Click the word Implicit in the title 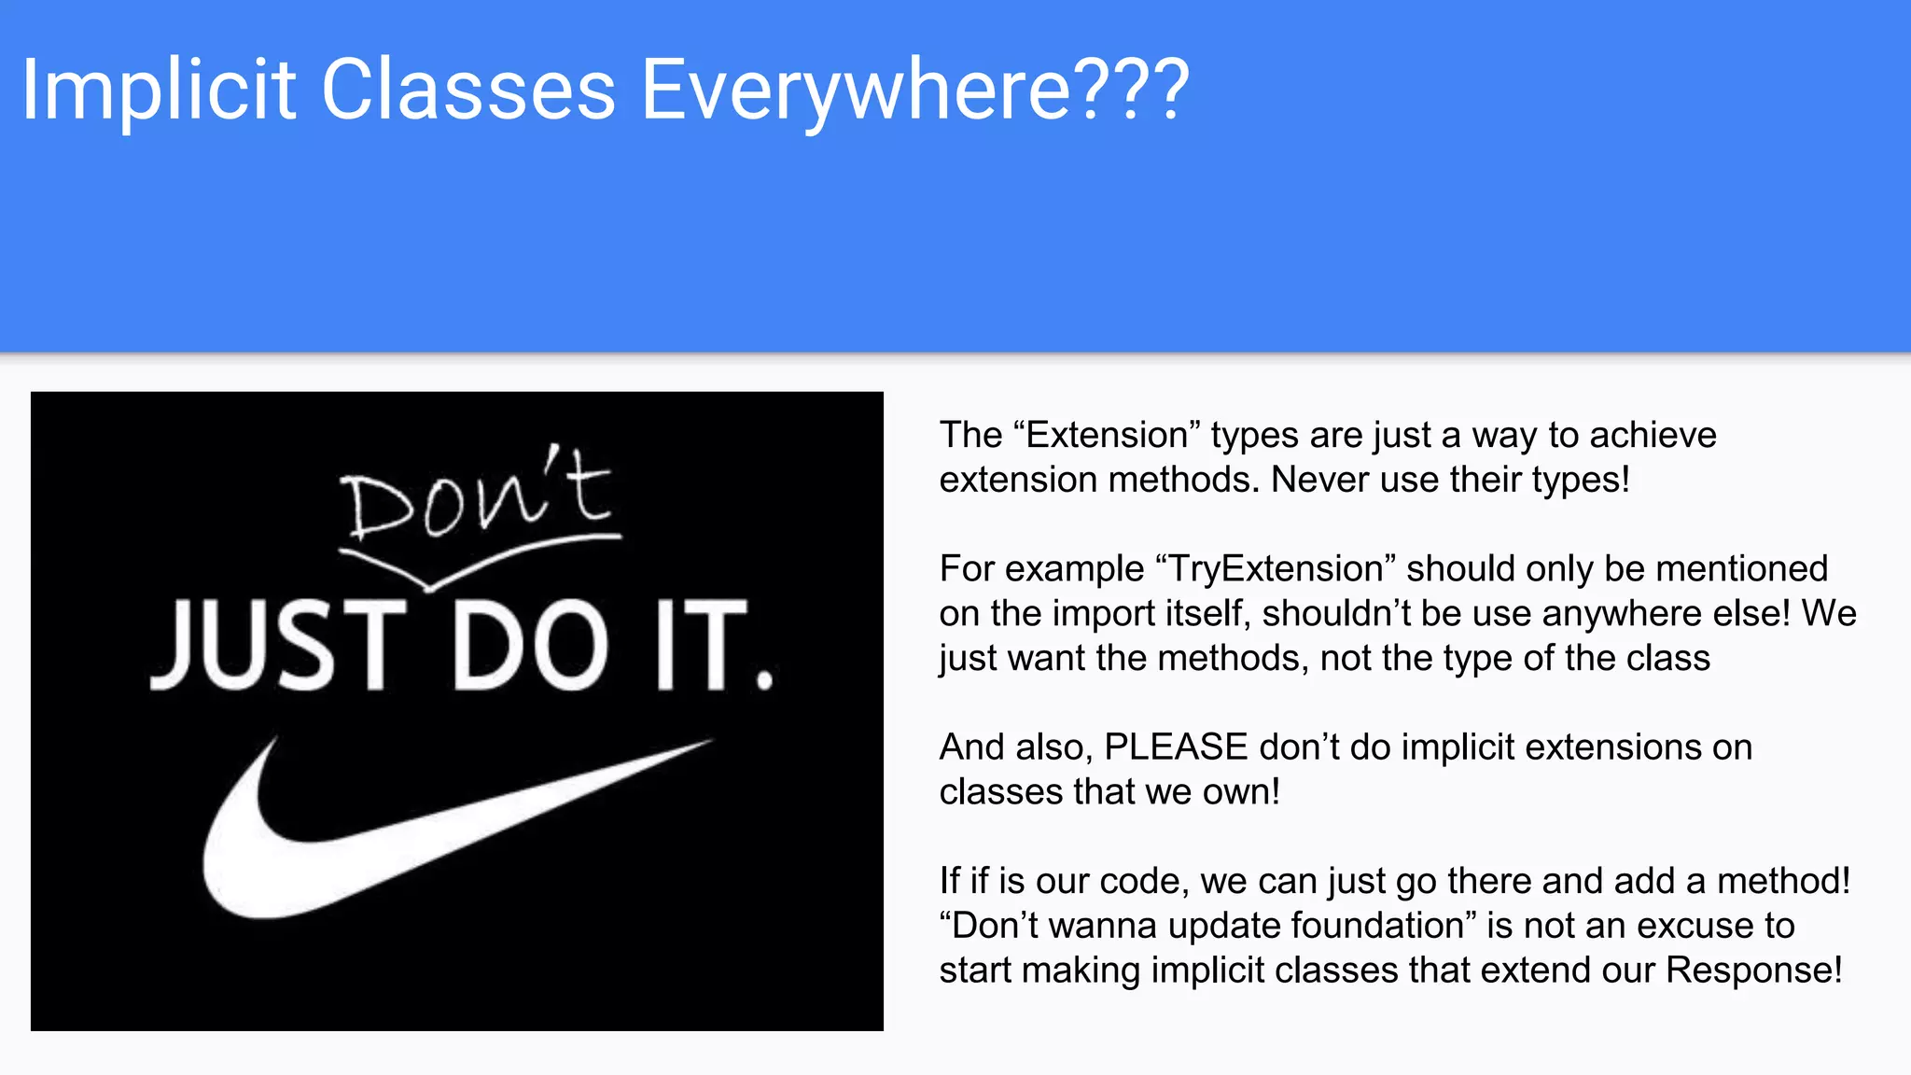(159, 91)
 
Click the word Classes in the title (468, 91)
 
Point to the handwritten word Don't (476, 495)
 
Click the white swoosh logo (392, 840)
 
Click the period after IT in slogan (765, 678)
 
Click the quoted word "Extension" (1106, 436)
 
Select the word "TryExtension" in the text (1275, 569)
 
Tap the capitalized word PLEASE (1176, 747)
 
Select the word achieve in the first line (1653, 436)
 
